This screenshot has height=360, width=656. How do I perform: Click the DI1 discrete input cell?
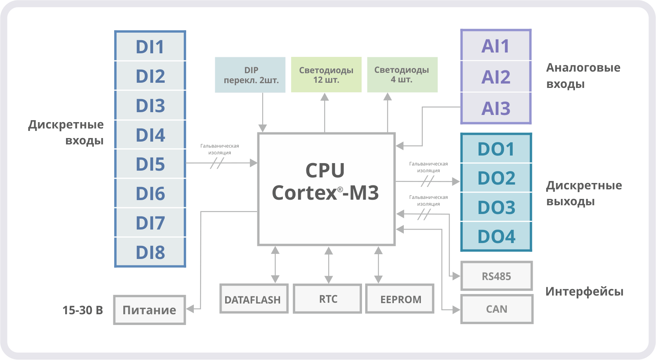[x=150, y=47]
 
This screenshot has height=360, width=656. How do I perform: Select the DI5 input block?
[x=150, y=164]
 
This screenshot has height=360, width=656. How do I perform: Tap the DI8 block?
[x=150, y=252]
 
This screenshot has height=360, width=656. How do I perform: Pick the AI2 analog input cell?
[x=496, y=77]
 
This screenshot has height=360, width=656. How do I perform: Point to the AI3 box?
[x=496, y=108]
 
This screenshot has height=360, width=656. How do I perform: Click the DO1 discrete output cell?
[x=496, y=149]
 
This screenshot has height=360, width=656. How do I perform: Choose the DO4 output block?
[x=496, y=236]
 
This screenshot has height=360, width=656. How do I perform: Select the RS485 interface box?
[x=496, y=276]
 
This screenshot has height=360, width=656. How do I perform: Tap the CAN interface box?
[x=496, y=309]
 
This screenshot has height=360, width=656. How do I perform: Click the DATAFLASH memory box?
[x=253, y=299]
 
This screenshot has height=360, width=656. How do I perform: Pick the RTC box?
[x=328, y=299]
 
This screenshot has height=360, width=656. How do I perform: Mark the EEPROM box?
[x=400, y=299]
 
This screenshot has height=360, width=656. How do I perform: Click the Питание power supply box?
[x=149, y=310]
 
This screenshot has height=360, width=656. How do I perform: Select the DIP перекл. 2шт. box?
[x=250, y=75]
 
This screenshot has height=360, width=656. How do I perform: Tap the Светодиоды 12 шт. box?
[x=326, y=75]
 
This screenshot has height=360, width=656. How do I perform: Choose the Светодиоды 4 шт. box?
[x=402, y=75]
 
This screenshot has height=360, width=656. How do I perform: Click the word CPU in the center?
[x=325, y=170]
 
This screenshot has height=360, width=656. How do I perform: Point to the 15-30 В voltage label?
[x=83, y=310]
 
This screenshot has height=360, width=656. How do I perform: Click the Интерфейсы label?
[x=584, y=292]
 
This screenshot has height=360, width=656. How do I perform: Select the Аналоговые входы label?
[x=583, y=76]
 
